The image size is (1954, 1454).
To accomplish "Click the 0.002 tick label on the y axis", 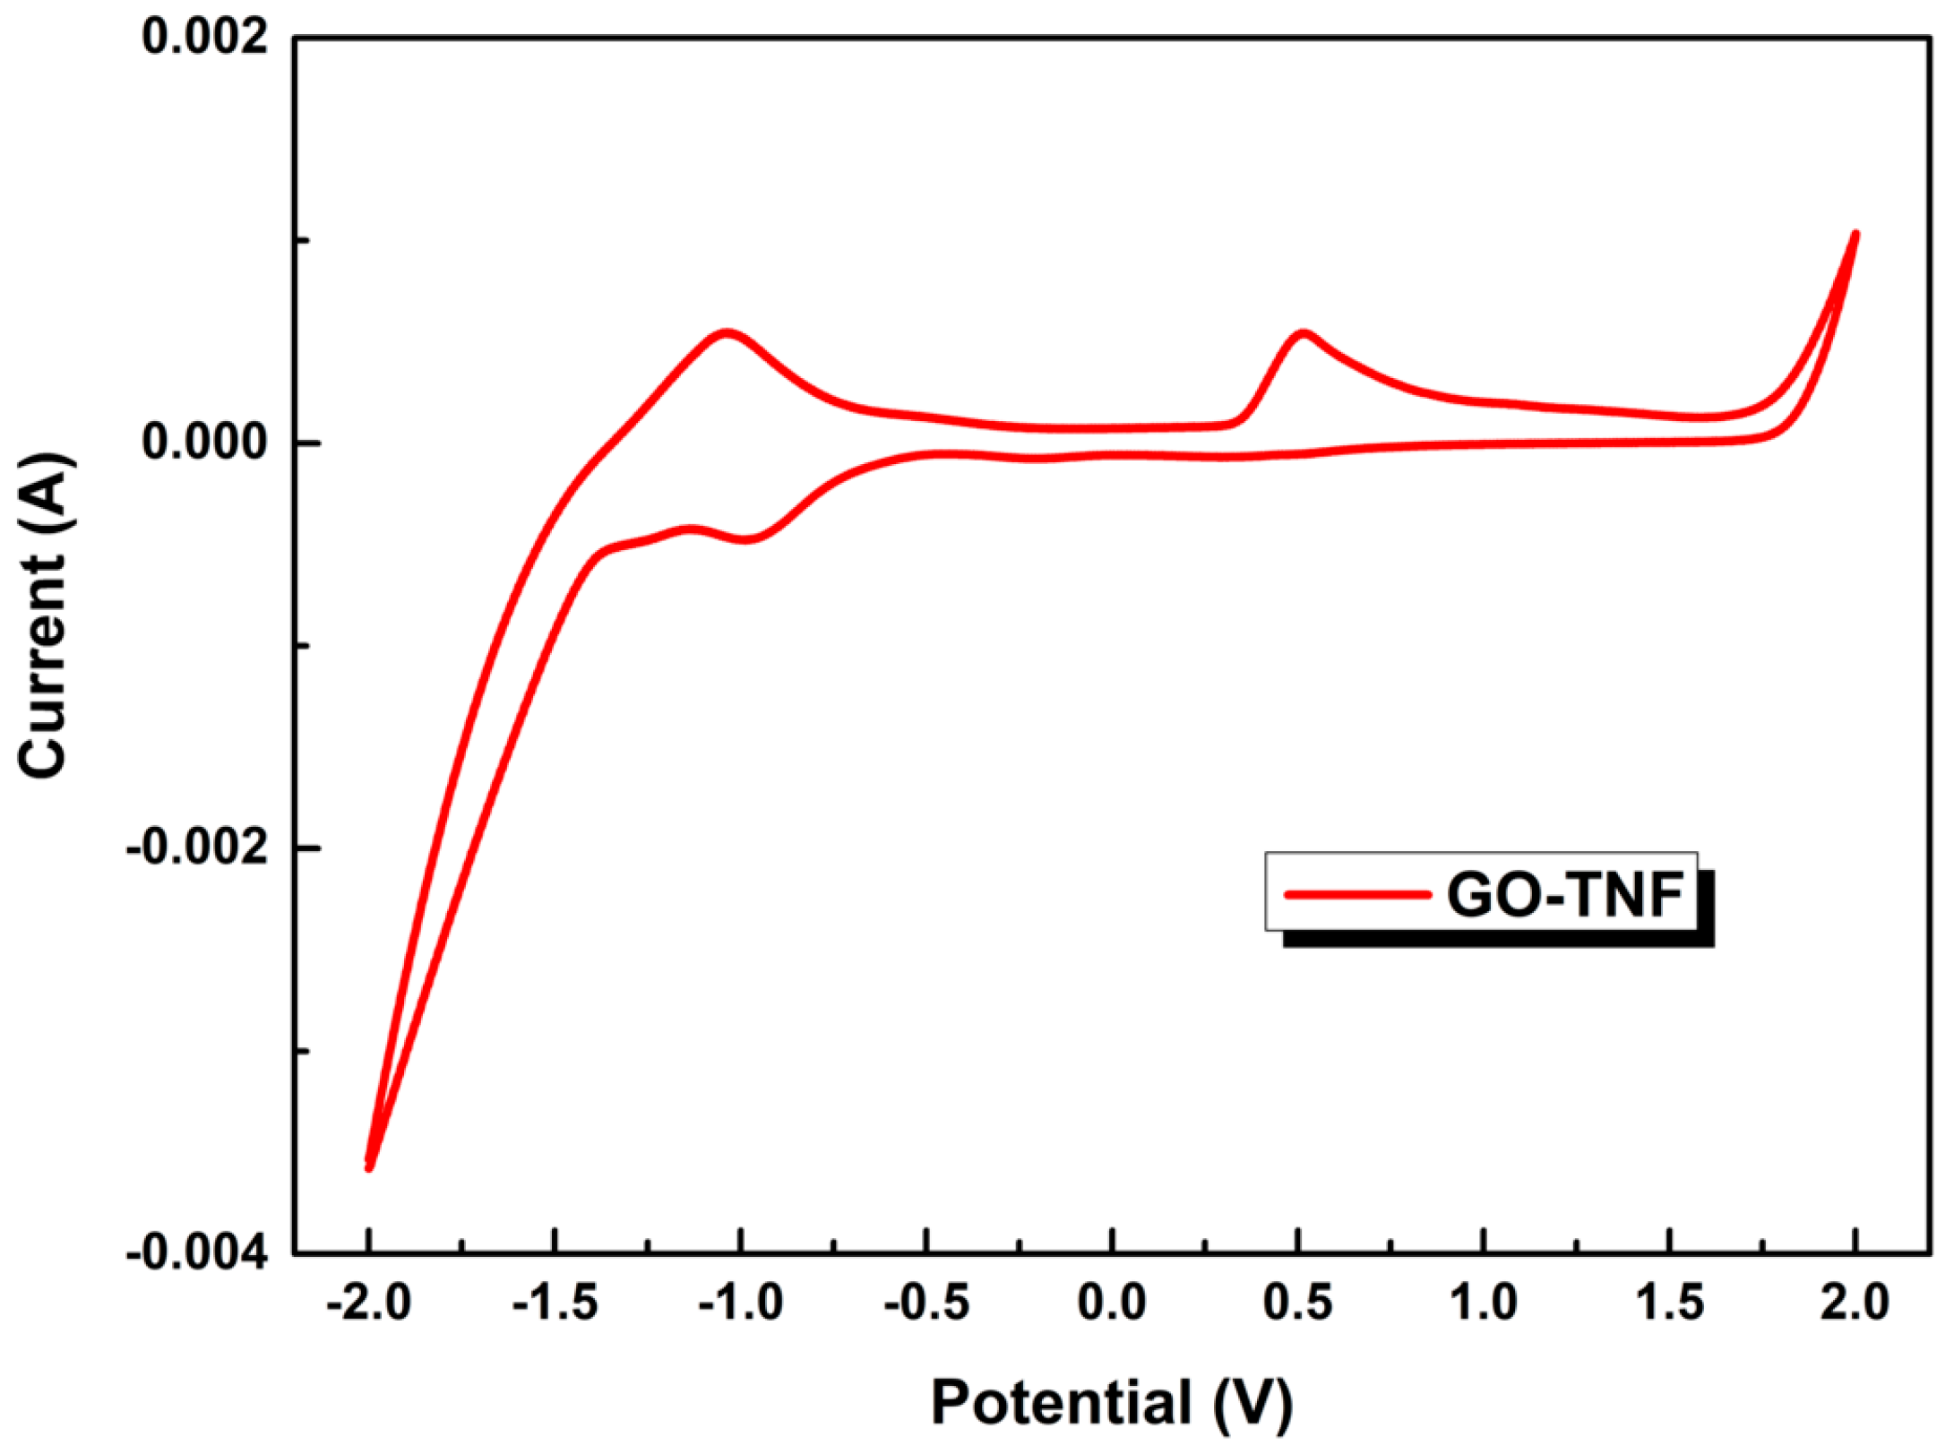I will tap(205, 39).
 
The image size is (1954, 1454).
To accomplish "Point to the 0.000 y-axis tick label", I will tap(205, 443).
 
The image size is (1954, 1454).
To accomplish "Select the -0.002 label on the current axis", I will tap(197, 847).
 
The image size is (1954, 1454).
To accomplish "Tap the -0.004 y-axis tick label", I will tap(197, 1252).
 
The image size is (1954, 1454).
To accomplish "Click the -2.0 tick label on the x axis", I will tap(368, 1303).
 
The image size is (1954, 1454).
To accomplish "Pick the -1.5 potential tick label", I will tap(555, 1303).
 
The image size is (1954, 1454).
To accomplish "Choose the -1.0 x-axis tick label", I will tap(741, 1303).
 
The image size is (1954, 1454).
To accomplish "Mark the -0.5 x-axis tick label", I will tap(926, 1303).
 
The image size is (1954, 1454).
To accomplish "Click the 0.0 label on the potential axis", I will tap(1112, 1303).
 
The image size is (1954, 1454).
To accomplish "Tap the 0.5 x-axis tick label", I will tap(1298, 1303).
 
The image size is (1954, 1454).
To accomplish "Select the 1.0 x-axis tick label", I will tap(1485, 1303).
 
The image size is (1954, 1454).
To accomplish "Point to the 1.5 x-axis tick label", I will tap(1670, 1303).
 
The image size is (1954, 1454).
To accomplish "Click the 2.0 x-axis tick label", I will tap(1855, 1303).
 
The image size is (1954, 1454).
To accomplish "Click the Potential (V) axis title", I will tap(1112, 1403).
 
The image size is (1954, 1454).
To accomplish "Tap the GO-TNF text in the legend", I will tap(1565, 894).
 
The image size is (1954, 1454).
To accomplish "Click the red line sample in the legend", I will tap(1356, 894).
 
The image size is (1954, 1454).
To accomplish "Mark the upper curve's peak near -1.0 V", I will tap(727, 332).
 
